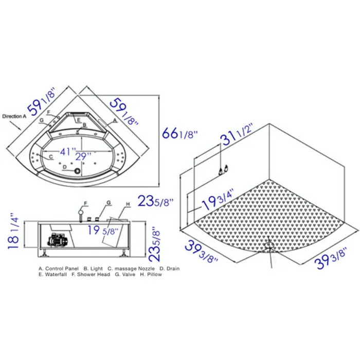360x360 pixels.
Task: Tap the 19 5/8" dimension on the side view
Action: click(x=102, y=230)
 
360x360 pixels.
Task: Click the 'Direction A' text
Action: click(x=14, y=116)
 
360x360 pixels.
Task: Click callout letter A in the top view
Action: click(x=115, y=120)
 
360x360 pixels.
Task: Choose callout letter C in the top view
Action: click(x=50, y=156)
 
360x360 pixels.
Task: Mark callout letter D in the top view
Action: click(x=64, y=167)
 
